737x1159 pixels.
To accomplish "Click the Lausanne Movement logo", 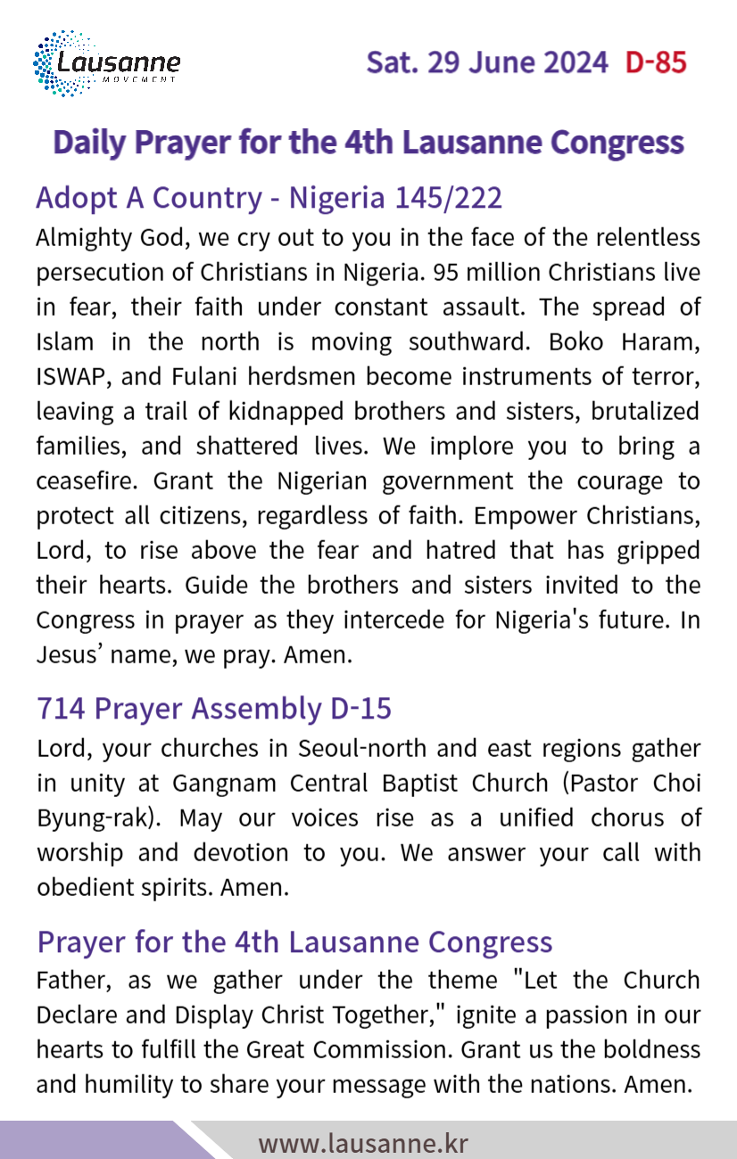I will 106,63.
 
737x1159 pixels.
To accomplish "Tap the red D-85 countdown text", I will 656,63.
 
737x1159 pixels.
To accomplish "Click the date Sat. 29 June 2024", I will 487,63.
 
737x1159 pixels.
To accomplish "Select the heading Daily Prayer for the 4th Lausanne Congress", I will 368,143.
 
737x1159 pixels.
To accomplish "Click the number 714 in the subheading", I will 61,708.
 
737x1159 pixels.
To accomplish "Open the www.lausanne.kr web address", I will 363,1143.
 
